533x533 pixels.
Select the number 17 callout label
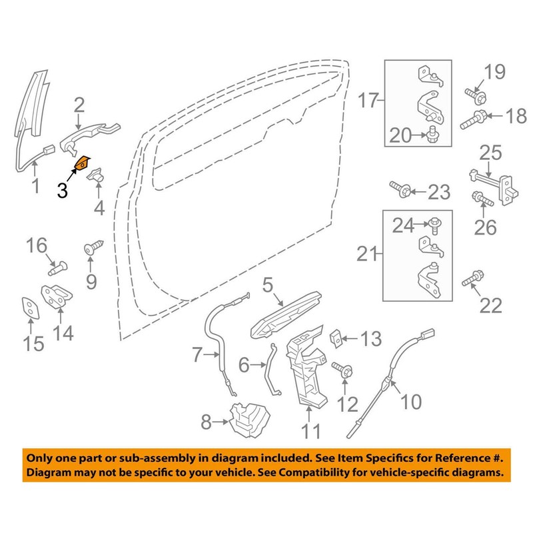(x=368, y=102)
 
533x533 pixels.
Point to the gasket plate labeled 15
(x=29, y=307)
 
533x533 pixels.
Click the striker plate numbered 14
(x=58, y=297)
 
